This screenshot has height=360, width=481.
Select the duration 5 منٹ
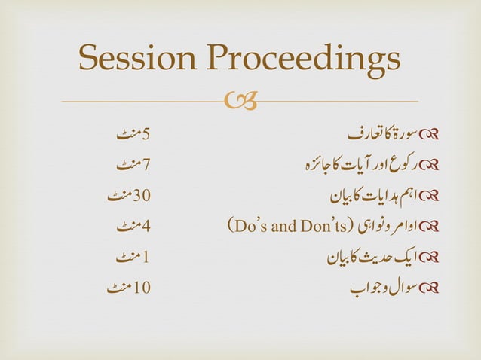[134, 135]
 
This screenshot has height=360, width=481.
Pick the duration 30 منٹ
[130, 197]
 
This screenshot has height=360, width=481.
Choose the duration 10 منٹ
[130, 287]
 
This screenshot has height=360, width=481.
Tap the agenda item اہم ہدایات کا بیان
[369, 197]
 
